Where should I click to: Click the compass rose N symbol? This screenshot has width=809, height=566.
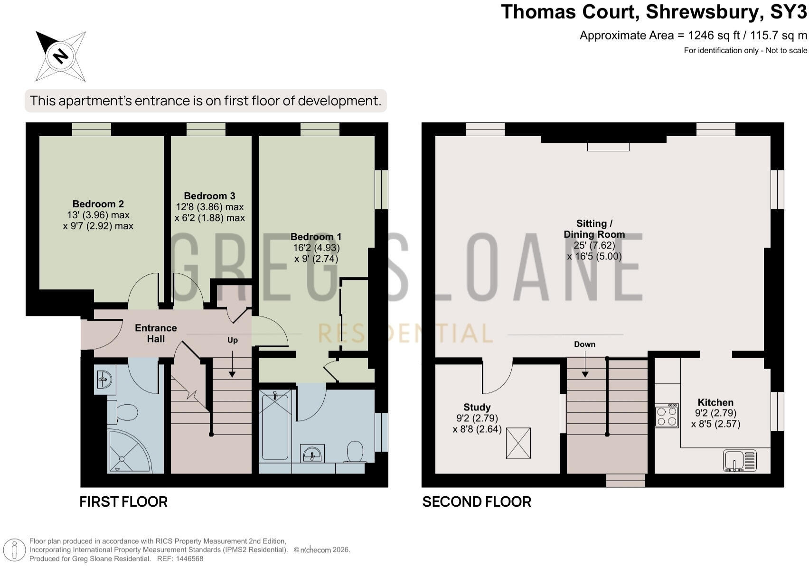[x=60, y=56]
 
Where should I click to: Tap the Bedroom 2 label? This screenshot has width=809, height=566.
[x=98, y=204]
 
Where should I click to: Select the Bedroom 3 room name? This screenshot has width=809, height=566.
[x=209, y=196]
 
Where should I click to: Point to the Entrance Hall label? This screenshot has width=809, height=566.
[x=156, y=333]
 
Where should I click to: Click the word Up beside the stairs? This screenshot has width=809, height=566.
[x=233, y=340]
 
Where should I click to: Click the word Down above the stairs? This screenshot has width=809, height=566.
[x=585, y=344]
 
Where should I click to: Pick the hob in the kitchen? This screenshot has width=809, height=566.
[x=667, y=416]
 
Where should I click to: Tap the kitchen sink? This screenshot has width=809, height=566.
[x=740, y=461]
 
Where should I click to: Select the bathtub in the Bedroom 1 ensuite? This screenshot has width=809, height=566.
[x=275, y=426]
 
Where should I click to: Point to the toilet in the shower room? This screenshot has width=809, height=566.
[x=122, y=412]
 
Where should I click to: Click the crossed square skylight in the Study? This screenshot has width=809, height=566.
[x=518, y=443]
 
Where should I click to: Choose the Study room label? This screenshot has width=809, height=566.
[x=477, y=407]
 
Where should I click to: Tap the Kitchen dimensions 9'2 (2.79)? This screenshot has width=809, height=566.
[x=715, y=413]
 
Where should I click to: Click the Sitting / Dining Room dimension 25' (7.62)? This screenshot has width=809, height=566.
[x=594, y=245]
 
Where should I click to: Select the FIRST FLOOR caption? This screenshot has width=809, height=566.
[x=123, y=502]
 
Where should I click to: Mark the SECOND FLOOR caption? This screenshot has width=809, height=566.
[x=477, y=502]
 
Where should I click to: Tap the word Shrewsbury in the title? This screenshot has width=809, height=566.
[x=703, y=12]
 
